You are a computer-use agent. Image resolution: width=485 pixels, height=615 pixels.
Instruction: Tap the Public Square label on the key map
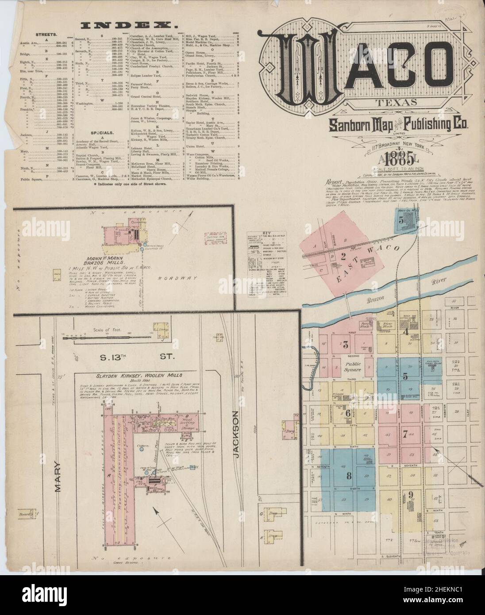pyautogui.click(x=354, y=365)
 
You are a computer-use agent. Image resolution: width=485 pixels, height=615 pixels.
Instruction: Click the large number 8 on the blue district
pyautogui.click(x=349, y=476)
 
